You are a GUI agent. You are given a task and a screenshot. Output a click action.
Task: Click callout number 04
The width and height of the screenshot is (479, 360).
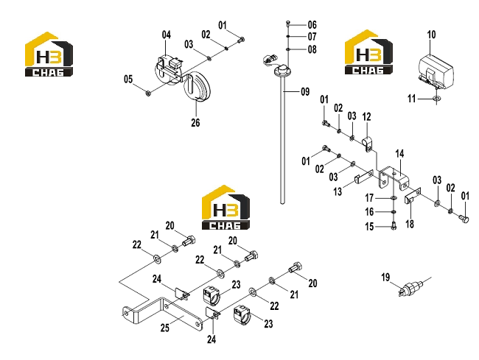(x=167, y=35)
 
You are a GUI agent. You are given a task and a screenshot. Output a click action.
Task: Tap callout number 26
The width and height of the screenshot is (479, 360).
(x=195, y=123)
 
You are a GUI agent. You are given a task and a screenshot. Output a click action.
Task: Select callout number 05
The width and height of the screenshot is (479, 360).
(x=128, y=80)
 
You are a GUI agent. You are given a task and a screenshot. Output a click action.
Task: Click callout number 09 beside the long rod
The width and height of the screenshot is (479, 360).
(x=305, y=91)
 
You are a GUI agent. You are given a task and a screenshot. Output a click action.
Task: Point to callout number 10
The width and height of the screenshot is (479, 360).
(x=431, y=35)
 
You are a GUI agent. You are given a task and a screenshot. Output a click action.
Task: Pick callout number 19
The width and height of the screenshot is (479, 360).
(x=385, y=278)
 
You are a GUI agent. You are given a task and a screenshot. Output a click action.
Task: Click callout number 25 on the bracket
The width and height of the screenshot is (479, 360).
(x=165, y=328)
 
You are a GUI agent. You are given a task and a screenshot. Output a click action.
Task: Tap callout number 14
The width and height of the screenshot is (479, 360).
(x=399, y=154)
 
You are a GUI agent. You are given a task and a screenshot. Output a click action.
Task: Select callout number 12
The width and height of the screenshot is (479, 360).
(x=366, y=116)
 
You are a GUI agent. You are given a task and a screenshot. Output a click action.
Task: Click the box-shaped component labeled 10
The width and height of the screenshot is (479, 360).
(x=436, y=71)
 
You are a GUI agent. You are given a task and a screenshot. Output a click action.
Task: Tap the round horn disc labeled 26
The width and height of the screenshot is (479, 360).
(x=197, y=85)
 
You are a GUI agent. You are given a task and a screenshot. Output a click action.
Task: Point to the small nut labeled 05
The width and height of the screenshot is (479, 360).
(x=148, y=93)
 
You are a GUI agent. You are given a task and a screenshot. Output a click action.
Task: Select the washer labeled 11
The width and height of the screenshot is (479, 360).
(x=437, y=99)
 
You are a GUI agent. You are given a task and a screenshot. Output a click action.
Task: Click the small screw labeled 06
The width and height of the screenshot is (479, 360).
(x=287, y=23)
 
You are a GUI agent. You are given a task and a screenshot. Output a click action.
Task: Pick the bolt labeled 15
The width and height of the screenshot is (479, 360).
(x=394, y=226)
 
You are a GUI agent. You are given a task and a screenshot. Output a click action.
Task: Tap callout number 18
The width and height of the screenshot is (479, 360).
(x=410, y=225)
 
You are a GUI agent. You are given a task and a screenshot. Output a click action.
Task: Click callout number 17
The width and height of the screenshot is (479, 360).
(x=369, y=198)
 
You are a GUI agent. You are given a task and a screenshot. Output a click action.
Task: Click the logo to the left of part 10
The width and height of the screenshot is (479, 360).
(x=368, y=52)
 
